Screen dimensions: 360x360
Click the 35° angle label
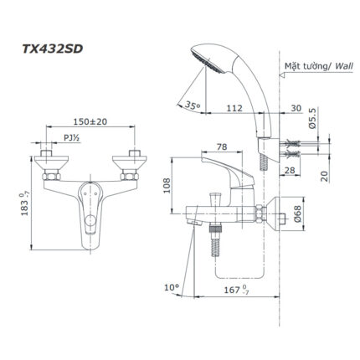click(x=192, y=107)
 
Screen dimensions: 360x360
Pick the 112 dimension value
click(x=236, y=107)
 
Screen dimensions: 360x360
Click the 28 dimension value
click(x=288, y=171)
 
